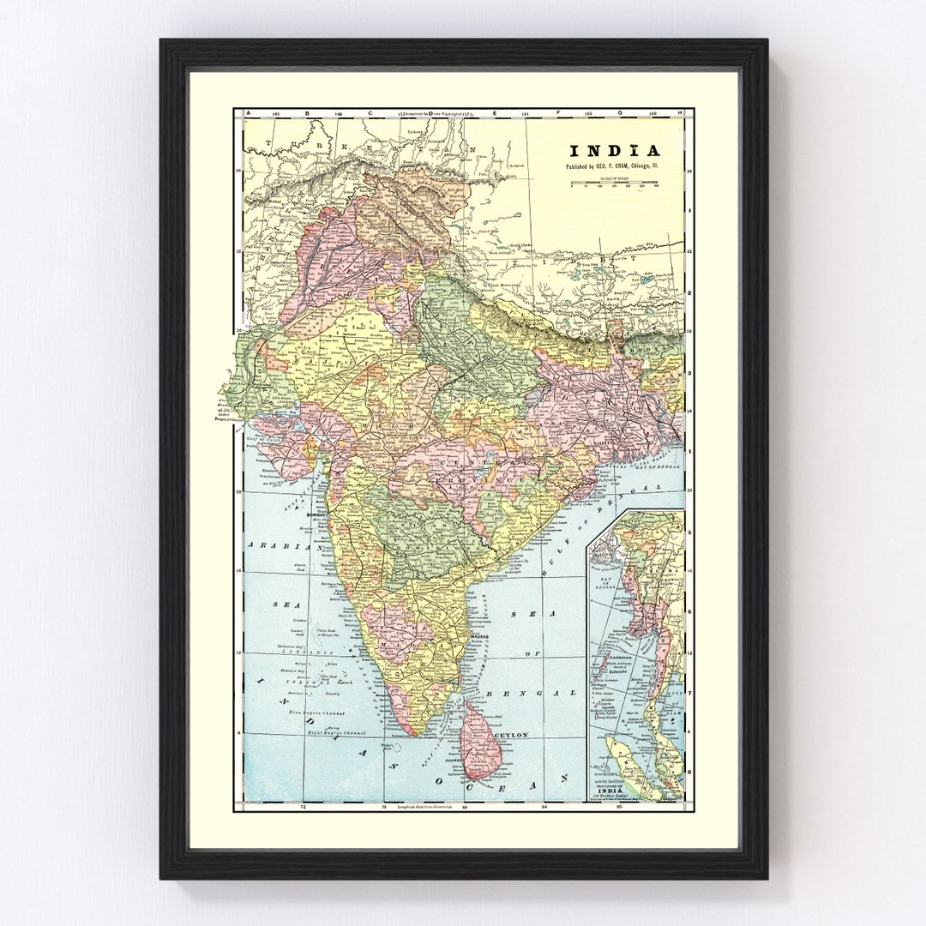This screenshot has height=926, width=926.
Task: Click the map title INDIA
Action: point(612,151)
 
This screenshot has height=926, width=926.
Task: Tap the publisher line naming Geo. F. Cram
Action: point(612,167)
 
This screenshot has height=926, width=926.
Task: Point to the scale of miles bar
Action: point(614,183)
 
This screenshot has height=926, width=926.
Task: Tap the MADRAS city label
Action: point(481,640)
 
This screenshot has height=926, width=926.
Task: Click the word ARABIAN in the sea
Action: point(272,544)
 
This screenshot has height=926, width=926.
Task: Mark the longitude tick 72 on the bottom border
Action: point(303,808)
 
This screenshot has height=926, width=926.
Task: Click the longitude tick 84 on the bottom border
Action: point(544,808)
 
